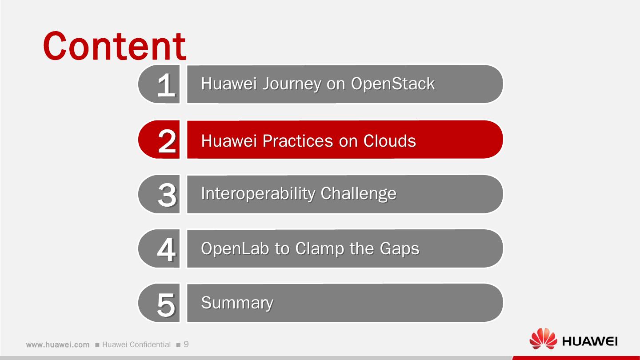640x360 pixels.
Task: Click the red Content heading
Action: pyautogui.click(x=115, y=46)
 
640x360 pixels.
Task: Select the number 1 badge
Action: pyautogui.click(x=165, y=84)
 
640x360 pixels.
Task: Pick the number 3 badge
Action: pyautogui.click(x=166, y=194)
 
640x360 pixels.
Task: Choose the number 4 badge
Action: pyautogui.click(x=166, y=249)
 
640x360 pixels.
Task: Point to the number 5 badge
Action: pyautogui.click(x=166, y=304)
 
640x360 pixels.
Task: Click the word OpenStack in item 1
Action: pyautogui.click(x=392, y=84)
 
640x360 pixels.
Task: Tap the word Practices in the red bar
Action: pyautogui.click(x=297, y=140)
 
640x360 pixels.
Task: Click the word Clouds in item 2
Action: pyautogui.click(x=389, y=140)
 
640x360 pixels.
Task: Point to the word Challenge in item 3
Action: pyautogui.click(x=358, y=193)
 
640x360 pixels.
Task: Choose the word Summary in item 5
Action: pyautogui.click(x=237, y=303)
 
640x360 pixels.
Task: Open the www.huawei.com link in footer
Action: pyautogui.click(x=58, y=345)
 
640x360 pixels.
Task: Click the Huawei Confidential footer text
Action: pyautogui.click(x=136, y=345)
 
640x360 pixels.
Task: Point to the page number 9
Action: pyautogui.click(x=186, y=344)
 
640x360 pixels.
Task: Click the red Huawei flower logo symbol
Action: pyautogui.click(x=543, y=340)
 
